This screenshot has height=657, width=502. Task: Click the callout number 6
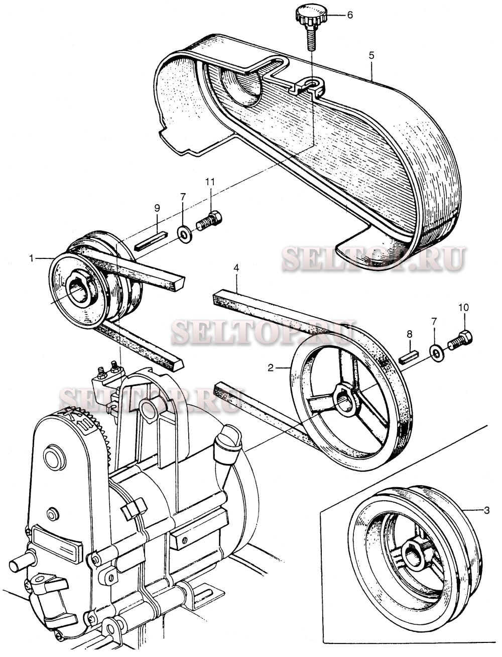point(349,15)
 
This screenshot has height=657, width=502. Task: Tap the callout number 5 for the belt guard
point(371,56)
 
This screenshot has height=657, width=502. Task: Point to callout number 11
point(211,181)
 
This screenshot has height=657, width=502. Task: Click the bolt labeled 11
point(209,221)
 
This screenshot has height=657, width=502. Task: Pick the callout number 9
point(157,207)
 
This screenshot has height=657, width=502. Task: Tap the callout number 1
point(31,258)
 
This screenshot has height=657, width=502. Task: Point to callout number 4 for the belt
point(235,269)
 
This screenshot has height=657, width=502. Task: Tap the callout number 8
point(410,333)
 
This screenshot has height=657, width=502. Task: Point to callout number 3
point(486,511)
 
